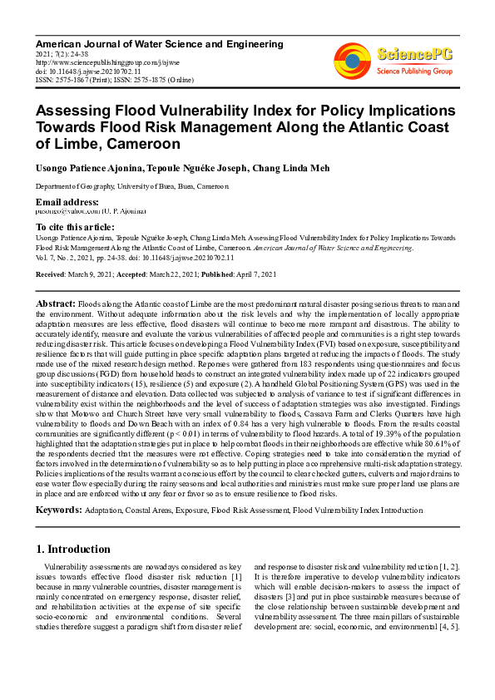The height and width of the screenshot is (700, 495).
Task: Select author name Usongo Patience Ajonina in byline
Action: (x=86, y=167)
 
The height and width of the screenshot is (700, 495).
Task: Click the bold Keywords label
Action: (x=63, y=509)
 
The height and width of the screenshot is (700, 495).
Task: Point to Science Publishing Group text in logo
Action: (x=413, y=71)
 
